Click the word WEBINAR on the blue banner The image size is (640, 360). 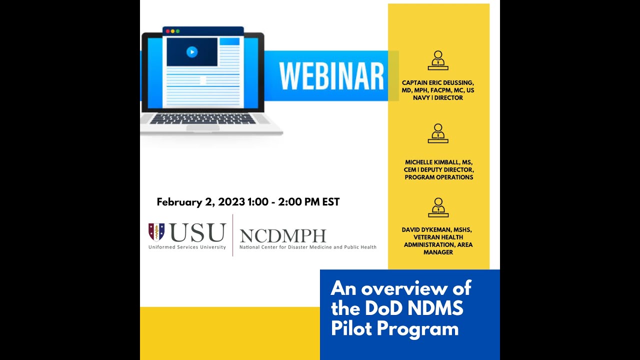pos(331,76)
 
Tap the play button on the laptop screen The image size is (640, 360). pos(192,51)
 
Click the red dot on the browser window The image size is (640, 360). pos(167,31)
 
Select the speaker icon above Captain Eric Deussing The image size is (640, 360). pos(438,60)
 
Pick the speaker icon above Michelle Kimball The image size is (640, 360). pos(438,133)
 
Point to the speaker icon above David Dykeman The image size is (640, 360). pos(438,207)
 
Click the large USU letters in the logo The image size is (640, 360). pos(198,233)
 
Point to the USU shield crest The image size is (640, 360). pos(156,232)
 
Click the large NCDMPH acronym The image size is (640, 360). pos(282,235)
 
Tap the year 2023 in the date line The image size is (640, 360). pos(231,202)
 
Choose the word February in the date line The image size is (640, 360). pos(179,202)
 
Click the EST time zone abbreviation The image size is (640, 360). pos(331,202)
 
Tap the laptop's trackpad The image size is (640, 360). pos(202,128)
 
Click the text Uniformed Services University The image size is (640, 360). pos(187,247)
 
